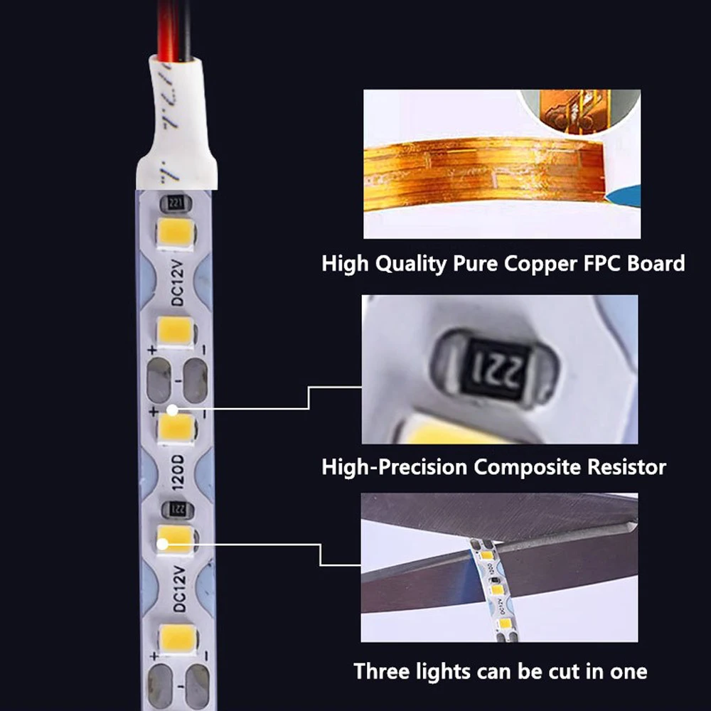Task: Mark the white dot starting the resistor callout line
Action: tap(173, 410)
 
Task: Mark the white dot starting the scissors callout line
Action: tap(163, 545)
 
